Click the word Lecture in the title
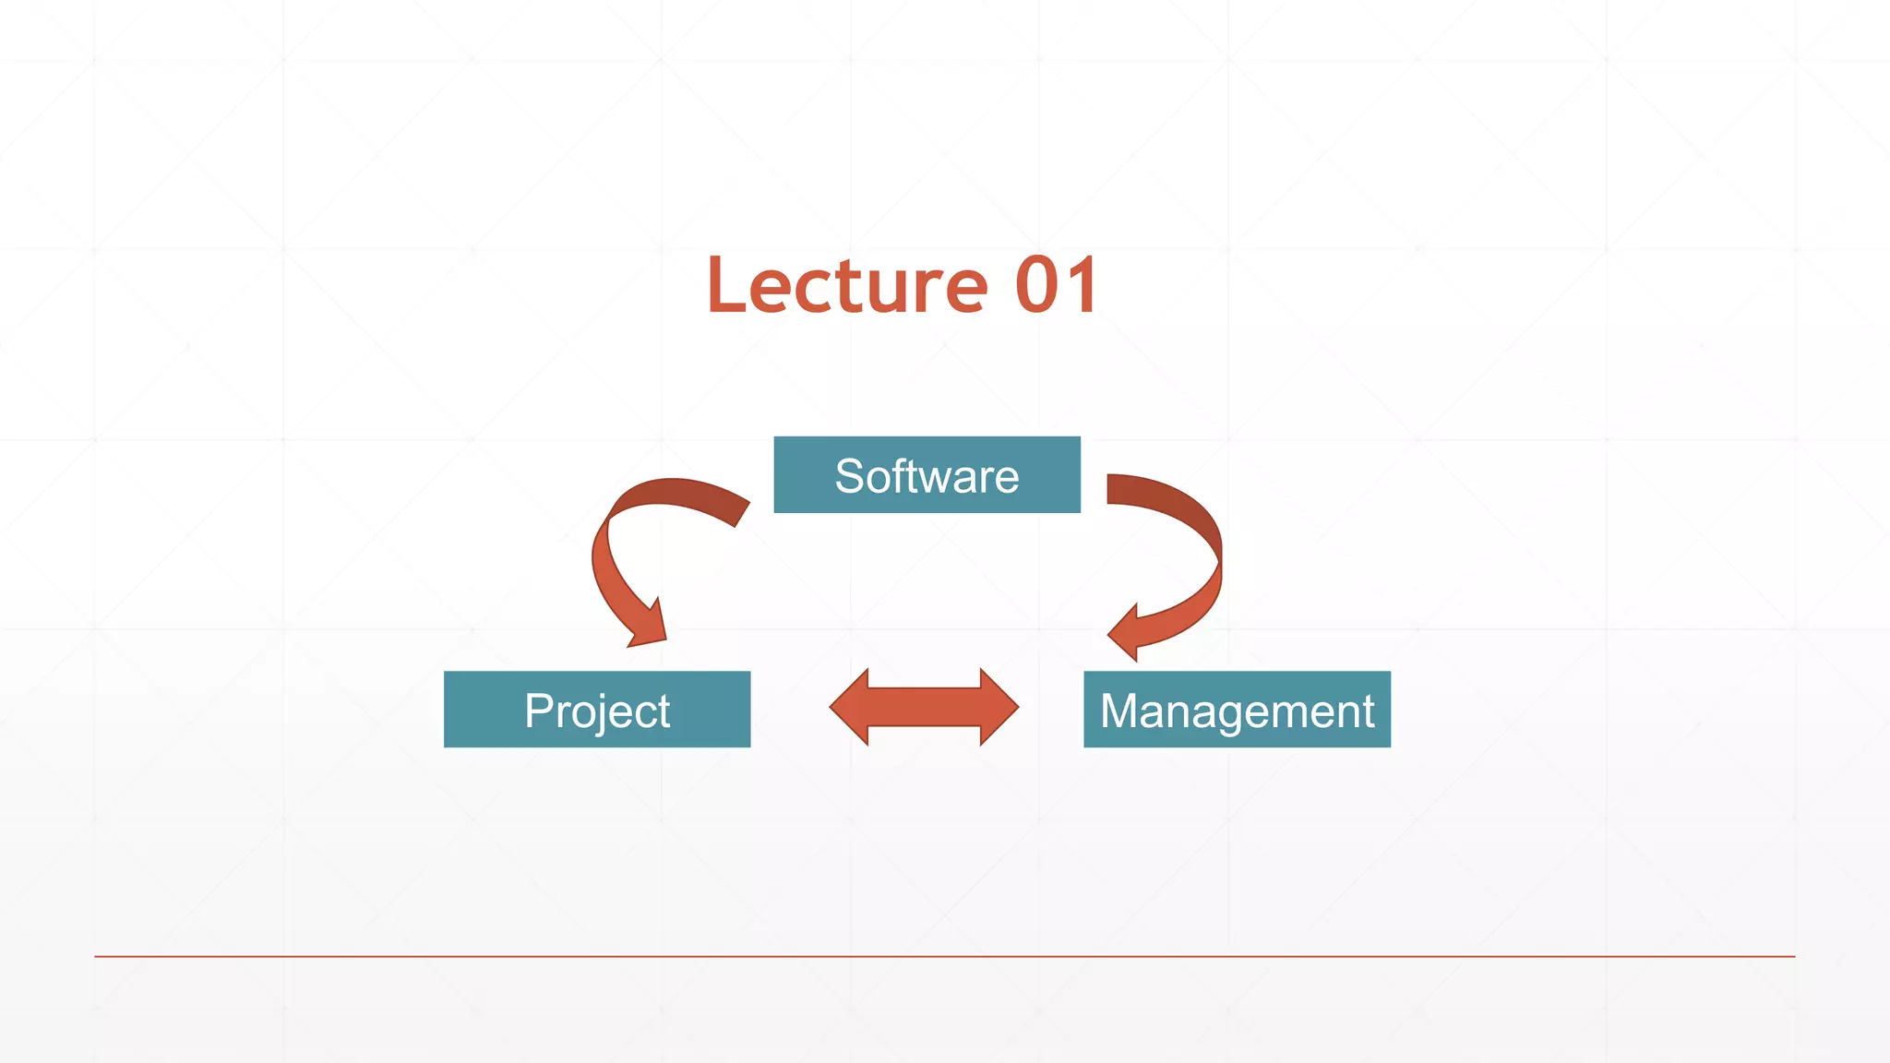(x=846, y=286)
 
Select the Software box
(x=927, y=474)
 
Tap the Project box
(x=597, y=710)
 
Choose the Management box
(x=1237, y=710)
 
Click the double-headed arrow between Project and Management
(x=924, y=707)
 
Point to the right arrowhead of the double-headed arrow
(x=999, y=707)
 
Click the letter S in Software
(x=849, y=476)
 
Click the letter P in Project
(x=538, y=711)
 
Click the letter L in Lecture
(x=726, y=286)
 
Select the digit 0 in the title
(x=1035, y=286)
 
